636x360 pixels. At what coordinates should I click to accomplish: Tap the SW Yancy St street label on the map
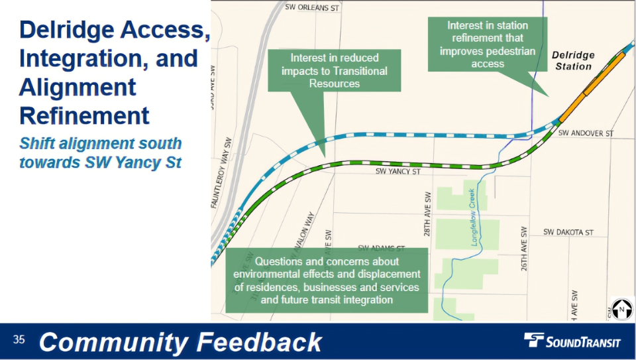click(x=398, y=171)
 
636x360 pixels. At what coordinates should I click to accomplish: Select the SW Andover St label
click(x=586, y=133)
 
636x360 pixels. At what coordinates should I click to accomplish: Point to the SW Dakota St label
click(x=568, y=233)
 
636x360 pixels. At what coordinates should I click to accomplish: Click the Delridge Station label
click(x=573, y=61)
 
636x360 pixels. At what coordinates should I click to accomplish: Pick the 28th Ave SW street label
click(x=428, y=215)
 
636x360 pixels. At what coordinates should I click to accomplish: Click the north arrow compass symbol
click(x=622, y=309)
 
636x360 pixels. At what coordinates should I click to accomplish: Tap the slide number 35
click(x=19, y=340)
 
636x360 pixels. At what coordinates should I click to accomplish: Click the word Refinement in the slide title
click(x=85, y=115)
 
